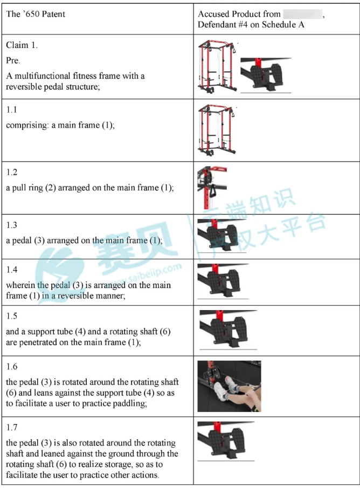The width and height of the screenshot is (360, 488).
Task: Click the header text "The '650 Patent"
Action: tap(36, 14)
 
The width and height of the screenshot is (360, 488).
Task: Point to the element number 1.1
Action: tap(11, 109)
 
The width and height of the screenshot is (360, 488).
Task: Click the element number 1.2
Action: tap(12, 172)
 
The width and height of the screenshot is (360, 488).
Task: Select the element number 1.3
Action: tap(12, 225)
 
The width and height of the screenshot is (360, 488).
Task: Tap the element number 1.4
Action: tap(12, 270)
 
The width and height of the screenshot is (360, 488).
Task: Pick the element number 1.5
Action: tap(12, 316)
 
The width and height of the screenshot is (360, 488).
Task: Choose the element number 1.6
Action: tap(12, 366)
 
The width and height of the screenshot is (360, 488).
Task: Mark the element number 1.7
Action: tap(12, 427)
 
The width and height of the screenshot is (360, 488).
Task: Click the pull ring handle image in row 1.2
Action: tap(212, 188)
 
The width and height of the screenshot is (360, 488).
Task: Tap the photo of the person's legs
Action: tap(230, 386)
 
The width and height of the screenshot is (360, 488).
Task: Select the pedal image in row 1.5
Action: tap(228, 330)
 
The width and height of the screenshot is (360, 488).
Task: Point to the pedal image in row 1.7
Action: tap(226, 441)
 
